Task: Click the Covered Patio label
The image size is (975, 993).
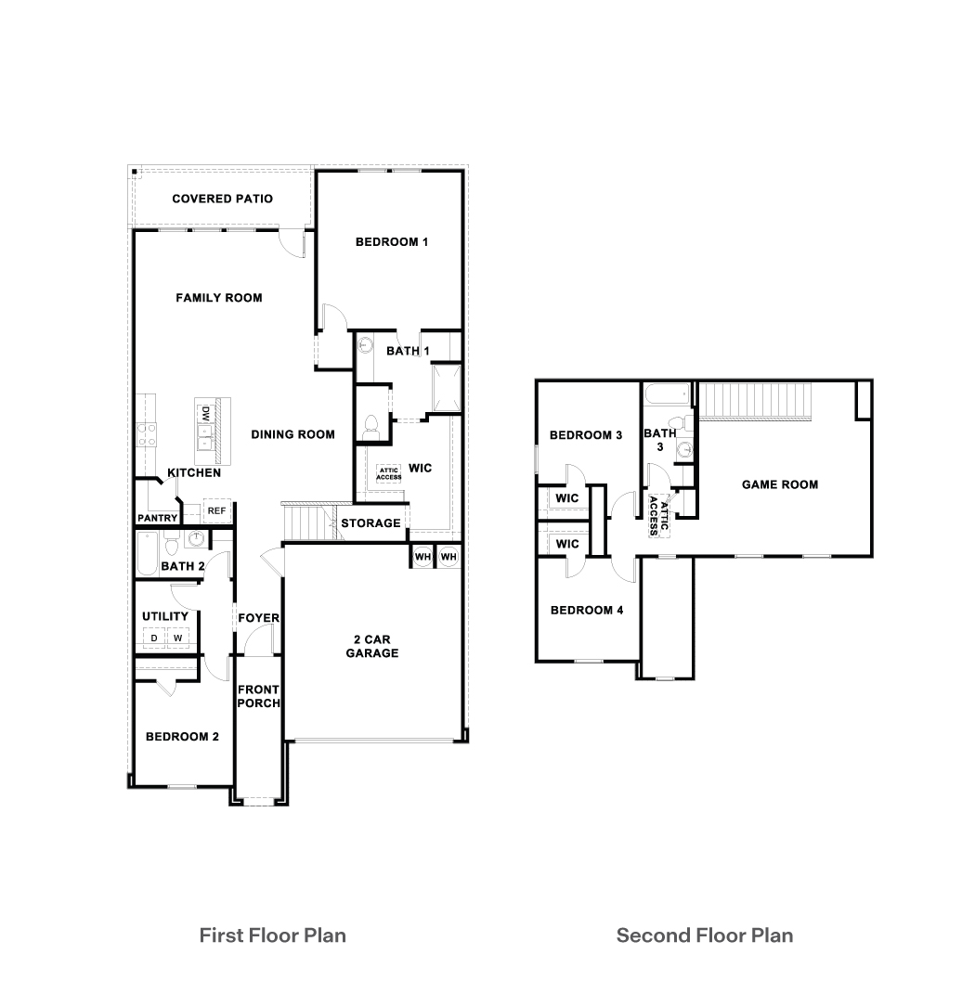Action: click(222, 199)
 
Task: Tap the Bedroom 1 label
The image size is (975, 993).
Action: click(391, 242)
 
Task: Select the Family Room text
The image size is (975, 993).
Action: click(219, 298)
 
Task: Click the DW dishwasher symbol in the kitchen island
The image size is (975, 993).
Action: click(202, 412)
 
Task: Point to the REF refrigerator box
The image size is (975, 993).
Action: click(216, 511)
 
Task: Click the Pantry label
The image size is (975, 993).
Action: click(157, 518)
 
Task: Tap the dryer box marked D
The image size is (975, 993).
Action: click(152, 638)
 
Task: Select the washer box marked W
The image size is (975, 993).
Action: click(177, 638)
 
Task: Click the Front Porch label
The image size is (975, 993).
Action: click(259, 696)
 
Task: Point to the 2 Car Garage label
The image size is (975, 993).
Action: click(372, 646)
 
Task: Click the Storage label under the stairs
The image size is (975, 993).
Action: click(370, 523)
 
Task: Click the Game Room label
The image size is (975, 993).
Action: click(780, 484)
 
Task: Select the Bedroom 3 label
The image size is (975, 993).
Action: click(586, 435)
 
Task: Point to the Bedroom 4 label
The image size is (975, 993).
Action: click(586, 610)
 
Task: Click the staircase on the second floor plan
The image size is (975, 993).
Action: click(755, 400)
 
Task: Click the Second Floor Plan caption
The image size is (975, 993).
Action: click(705, 935)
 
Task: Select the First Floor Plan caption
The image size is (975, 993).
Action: click(273, 935)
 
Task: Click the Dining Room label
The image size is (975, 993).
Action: click(292, 434)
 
